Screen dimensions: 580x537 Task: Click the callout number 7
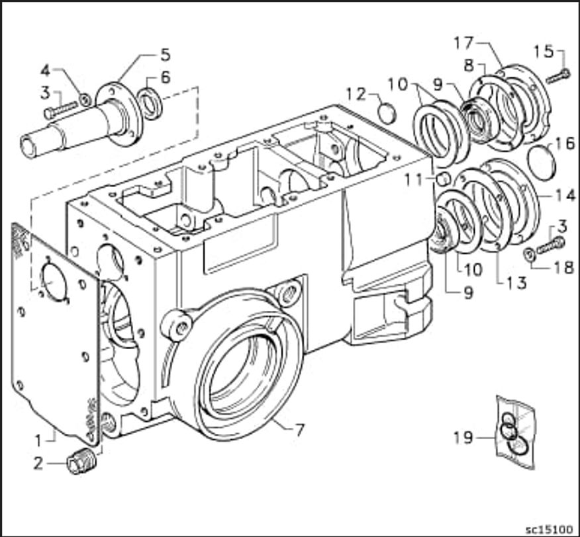click(299, 430)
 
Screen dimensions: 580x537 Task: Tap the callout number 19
click(463, 438)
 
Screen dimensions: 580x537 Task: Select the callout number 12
click(356, 95)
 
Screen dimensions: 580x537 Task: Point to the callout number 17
click(464, 43)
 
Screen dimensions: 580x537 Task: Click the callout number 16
click(565, 144)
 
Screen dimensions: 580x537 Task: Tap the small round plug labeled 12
click(387, 113)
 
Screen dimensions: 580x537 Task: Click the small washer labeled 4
click(85, 99)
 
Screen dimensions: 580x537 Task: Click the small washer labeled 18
click(530, 255)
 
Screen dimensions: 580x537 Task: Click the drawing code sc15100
click(550, 529)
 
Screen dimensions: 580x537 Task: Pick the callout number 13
click(516, 283)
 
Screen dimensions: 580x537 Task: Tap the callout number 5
click(166, 55)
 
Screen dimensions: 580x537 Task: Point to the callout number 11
click(413, 180)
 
